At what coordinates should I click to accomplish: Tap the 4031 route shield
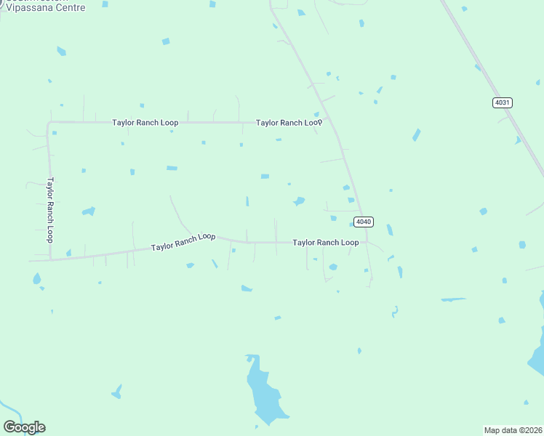pyautogui.click(x=502, y=102)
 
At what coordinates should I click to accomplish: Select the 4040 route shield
pyautogui.click(x=364, y=222)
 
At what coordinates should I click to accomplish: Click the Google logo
pyautogui.click(x=24, y=427)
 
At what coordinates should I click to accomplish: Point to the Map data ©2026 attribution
pyautogui.click(x=513, y=429)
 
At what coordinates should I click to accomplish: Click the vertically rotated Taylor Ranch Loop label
pyautogui.click(x=50, y=210)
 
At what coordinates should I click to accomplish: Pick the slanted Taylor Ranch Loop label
pyautogui.click(x=183, y=242)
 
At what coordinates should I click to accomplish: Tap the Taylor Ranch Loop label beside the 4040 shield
pyautogui.click(x=325, y=242)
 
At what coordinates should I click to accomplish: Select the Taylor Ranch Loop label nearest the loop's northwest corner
pyautogui.click(x=145, y=123)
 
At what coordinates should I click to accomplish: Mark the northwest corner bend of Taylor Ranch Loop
pyautogui.click(x=49, y=124)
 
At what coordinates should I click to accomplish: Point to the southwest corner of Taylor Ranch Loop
pyautogui.click(x=50, y=259)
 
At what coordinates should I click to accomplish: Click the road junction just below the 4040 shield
pyautogui.click(x=366, y=241)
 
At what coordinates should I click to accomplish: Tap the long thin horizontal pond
pyautogui.click(x=453, y=299)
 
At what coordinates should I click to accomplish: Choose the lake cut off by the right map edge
pyautogui.click(x=539, y=342)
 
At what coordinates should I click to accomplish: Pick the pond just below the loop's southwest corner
pyautogui.click(x=36, y=279)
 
